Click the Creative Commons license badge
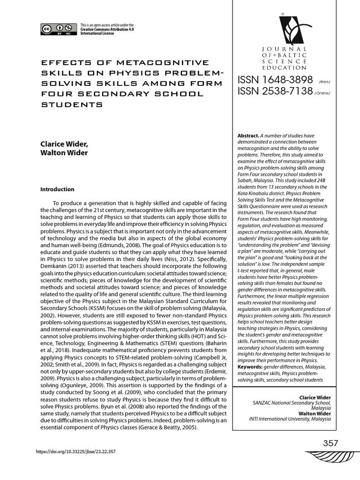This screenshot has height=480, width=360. pyautogui.click(x=58, y=29)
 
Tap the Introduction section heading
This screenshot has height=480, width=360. pyautogui.click(x=57, y=189)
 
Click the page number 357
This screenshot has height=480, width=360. pyautogui.click(x=330, y=443)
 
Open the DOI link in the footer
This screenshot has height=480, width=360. pyautogui.click(x=76, y=452)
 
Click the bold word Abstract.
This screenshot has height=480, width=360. pyautogui.click(x=248, y=136)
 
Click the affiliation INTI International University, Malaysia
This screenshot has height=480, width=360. pyautogui.click(x=290, y=419)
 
